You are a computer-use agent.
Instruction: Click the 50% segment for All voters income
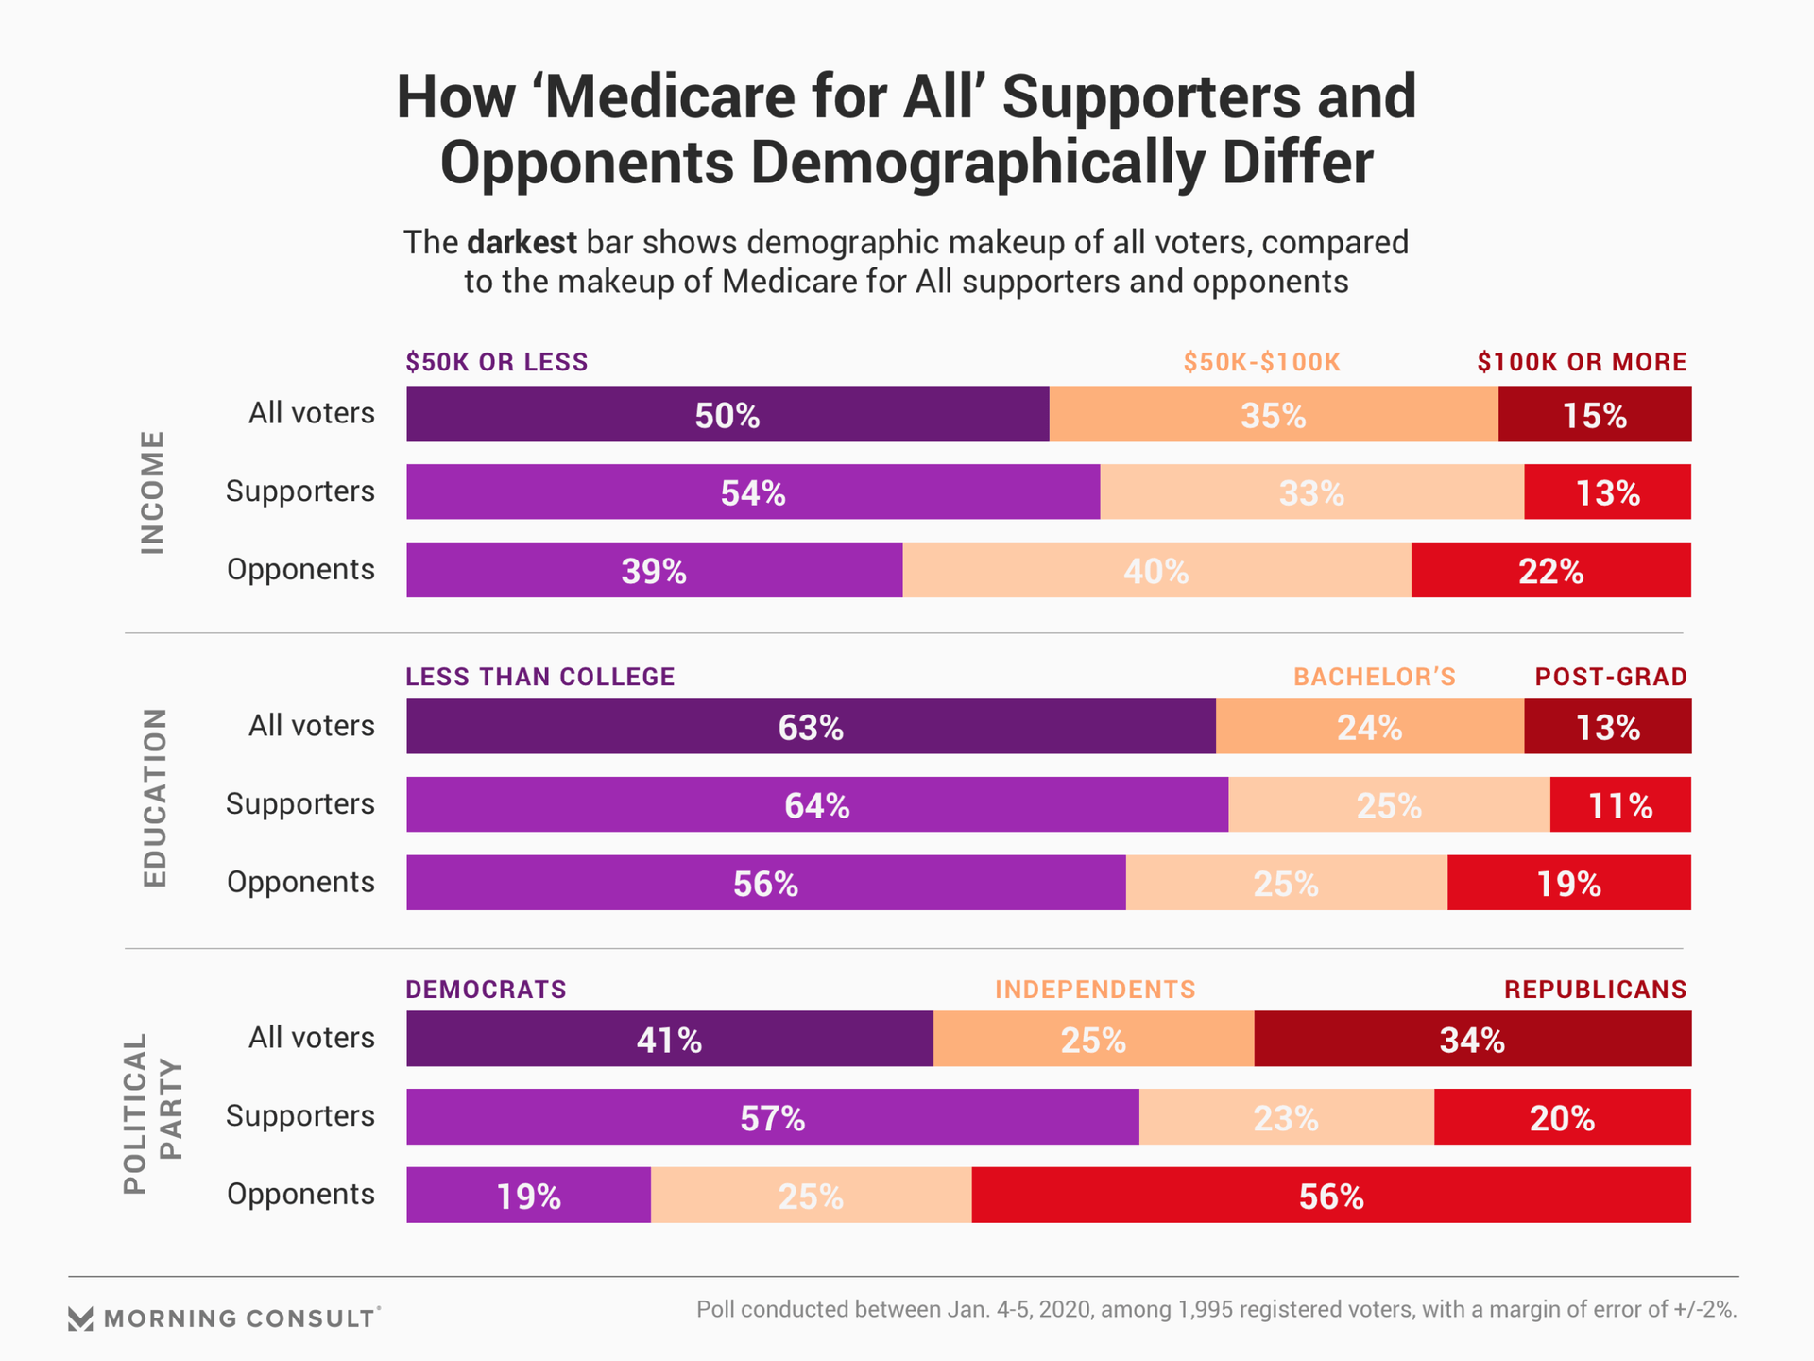(727, 414)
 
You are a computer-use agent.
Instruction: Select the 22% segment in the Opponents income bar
(1550, 570)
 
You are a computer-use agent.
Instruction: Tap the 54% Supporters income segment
(753, 491)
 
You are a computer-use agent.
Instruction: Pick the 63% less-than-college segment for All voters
(811, 726)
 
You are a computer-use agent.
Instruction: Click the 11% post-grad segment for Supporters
(1620, 804)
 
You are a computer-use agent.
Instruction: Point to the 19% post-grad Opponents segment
(1568, 883)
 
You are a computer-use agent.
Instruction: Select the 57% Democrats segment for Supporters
(772, 1117)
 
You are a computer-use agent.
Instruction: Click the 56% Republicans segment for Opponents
(1330, 1196)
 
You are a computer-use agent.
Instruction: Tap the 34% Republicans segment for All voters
(1472, 1039)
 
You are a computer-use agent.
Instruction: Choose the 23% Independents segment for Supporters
(1286, 1117)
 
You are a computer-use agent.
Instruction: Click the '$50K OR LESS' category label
(497, 362)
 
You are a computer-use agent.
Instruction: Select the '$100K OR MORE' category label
(1583, 362)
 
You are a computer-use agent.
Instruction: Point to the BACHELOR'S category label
(1375, 677)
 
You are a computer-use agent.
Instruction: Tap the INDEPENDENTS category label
(1095, 990)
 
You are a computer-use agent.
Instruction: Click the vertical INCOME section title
(153, 491)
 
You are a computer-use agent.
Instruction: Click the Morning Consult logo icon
(81, 1318)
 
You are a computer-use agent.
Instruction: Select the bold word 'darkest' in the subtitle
(522, 243)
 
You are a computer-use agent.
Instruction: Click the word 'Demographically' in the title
(978, 163)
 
